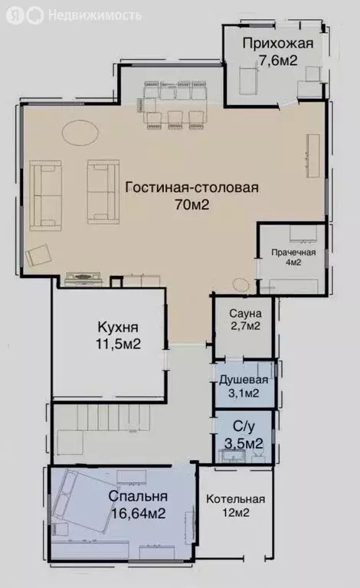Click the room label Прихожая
pos(277,43)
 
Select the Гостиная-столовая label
pos(181,187)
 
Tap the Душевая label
pos(244,380)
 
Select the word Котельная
pos(235,499)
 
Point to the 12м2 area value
pos(235,513)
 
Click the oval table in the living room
pos(80,133)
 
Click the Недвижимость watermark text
pos(94,15)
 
